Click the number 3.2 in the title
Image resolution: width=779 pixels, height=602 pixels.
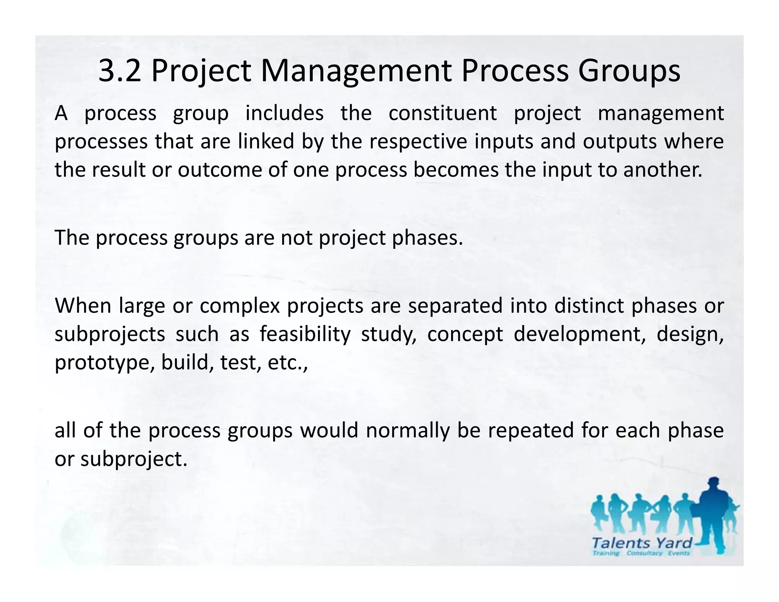[119, 71]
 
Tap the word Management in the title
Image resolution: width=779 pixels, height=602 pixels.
[356, 71]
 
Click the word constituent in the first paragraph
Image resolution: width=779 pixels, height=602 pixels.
[443, 113]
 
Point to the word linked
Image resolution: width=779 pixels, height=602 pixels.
[266, 141]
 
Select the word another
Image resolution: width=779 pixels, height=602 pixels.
[663, 169]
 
